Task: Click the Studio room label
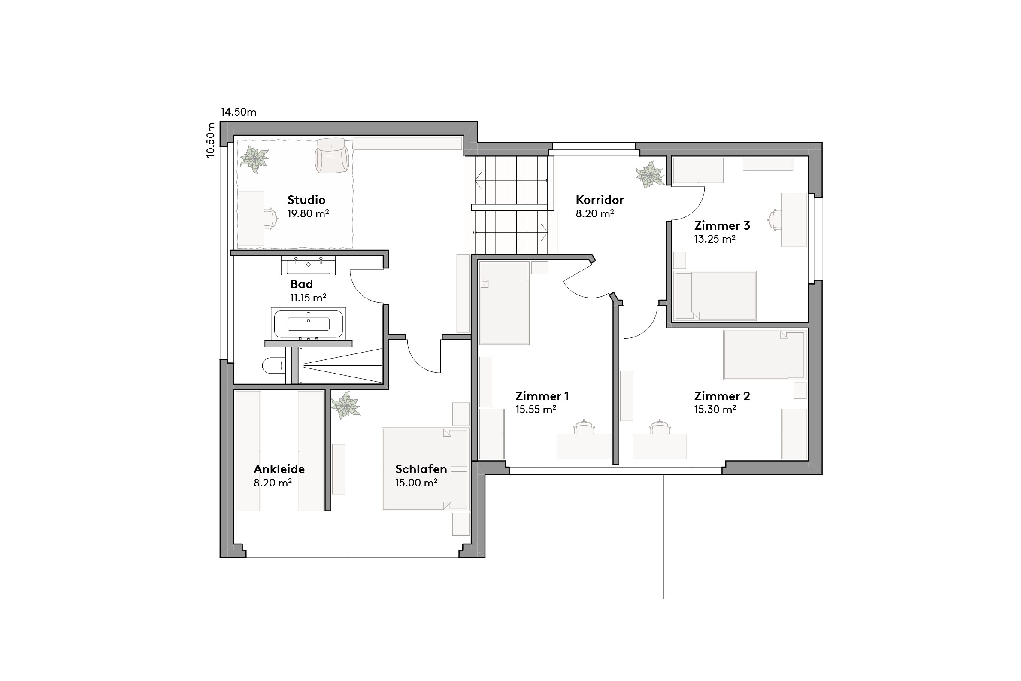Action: tap(306, 200)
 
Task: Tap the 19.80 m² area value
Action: tap(308, 214)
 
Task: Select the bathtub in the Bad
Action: tap(308, 324)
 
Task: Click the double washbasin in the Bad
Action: tap(308, 265)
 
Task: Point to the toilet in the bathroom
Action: tap(273, 365)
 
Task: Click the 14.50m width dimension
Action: tap(238, 112)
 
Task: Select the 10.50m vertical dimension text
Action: tap(211, 140)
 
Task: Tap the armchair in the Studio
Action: tap(332, 156)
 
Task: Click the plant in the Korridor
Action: tap(650, 175)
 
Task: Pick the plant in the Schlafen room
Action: tap(345, 405)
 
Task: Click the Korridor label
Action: tap(600, 200)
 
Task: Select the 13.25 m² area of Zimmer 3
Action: tap(715, 239)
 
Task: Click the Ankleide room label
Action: tap(279, 469)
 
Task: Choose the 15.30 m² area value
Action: tap(715, 409)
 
